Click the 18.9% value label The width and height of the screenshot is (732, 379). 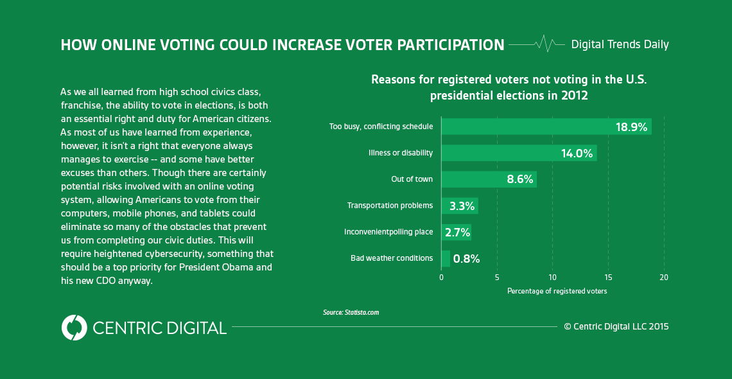tap(631, 127)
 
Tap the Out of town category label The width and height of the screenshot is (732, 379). tap(412, 179)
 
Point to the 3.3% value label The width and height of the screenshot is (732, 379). tap(462, 206)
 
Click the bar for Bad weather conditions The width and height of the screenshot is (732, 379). tap(446, 258)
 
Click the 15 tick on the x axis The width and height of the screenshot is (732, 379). tap(608, 278)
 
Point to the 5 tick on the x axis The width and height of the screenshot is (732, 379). tap(497, 278)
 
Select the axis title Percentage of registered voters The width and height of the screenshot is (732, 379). tap(557, 291)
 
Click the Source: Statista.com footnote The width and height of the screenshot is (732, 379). tap(351, 312)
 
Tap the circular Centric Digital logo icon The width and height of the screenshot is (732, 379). tap(74, 328)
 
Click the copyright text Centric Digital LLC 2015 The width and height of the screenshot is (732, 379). tap(616, 326)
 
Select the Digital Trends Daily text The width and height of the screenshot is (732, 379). tap(620, 44)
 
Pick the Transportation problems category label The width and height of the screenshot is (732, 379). tap(390, 206)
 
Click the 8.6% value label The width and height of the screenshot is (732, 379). tap(519, 180)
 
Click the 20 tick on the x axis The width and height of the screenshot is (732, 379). tap(663, 278)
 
